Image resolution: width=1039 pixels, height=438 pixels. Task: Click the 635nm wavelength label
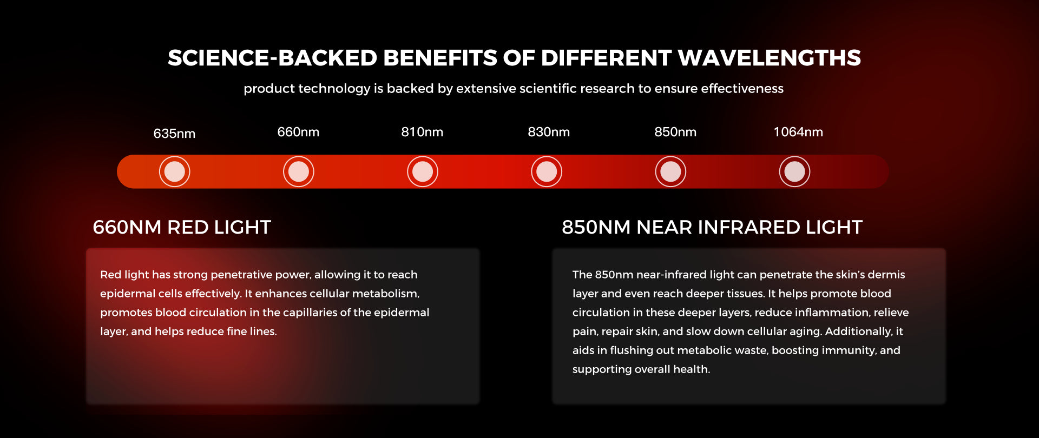pos(174,134)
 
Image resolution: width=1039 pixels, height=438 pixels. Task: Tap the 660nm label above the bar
pos(298,132)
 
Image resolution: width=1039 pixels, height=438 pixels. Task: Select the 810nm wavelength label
pos(422,132)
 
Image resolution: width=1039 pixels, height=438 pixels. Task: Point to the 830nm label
pos(549,132)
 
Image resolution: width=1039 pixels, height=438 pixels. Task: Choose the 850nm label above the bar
pos(675,132)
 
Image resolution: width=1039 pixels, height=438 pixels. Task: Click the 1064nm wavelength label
pos(798,132)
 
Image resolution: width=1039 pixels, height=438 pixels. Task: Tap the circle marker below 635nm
pos(174,171)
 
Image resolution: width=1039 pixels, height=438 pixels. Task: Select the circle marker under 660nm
pos(299,171)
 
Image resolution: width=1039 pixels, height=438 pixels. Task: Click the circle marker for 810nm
pos(423,171)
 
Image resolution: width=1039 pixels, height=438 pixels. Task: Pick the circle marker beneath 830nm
pos(547,171)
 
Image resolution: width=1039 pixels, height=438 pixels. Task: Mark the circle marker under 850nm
pos(670,171)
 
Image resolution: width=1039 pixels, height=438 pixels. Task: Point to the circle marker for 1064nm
pos(794,171)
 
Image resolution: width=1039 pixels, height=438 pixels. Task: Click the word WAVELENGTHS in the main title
pos(769,58)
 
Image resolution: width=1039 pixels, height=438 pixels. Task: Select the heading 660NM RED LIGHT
pos(182,228)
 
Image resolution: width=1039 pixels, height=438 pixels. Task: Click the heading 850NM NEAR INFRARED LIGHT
pos(712,228)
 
